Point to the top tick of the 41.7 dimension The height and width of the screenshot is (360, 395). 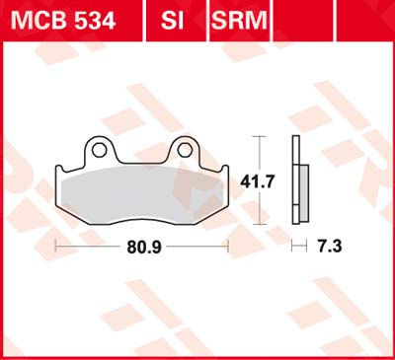coord(259,135)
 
